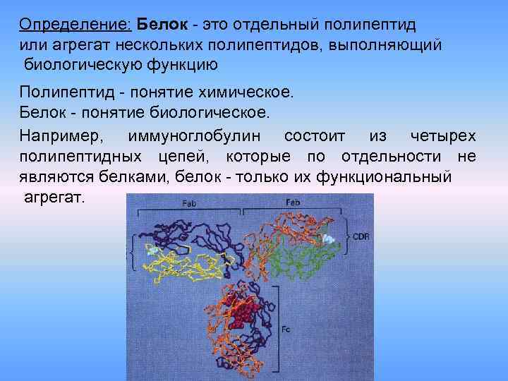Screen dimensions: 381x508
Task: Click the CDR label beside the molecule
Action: (x=361, y=237)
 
